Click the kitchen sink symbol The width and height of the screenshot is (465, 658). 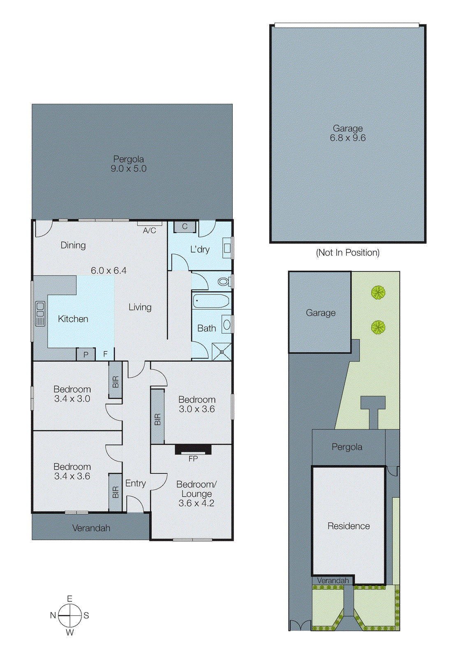(x=40, y=313)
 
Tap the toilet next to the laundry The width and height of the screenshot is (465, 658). (x=223, y=282)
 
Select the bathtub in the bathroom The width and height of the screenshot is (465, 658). (x=211, y=301)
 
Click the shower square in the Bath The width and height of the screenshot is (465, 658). (x=222, y=352)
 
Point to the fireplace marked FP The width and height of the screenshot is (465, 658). (x=193, y=449)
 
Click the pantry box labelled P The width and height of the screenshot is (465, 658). (x=86, y=354)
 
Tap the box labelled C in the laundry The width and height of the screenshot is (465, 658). (x=185, y=227)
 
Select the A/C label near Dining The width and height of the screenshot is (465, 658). (x=149, y=231)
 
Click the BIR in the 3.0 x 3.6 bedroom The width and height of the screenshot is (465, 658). (x=157, y=417)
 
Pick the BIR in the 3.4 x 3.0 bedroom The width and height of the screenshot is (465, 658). (x=116, y=380)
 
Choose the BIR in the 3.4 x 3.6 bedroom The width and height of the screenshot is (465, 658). (x=116, y=492)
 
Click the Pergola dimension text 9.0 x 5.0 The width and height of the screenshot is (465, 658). (x=128, y=169)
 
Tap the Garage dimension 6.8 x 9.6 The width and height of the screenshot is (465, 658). (x=347, y=138)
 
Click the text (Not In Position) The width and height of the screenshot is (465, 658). (x=347, y=253)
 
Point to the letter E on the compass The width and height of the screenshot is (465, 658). (x=70, y=599)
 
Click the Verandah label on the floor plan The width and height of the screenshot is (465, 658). (x=91, y=528)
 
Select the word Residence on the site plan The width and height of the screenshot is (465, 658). (x=349, y=526)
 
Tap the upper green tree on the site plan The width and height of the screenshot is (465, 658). (x=378, y=293)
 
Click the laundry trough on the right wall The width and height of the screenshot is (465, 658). (x=227, y=248)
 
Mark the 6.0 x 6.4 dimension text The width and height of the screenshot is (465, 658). (x=109, y=271)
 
